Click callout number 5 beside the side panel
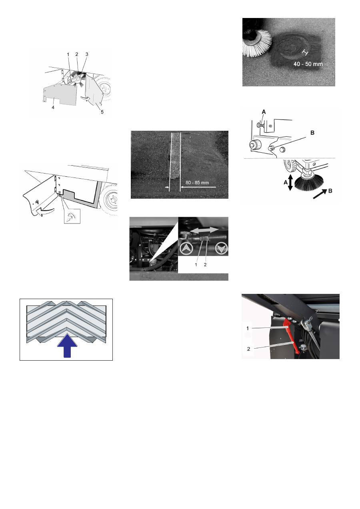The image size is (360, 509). (x=102, y=112)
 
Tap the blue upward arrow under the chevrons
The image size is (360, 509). (x=68, y=347)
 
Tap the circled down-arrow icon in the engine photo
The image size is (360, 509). (x=221, y=250)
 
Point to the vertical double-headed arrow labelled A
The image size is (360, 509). (x=290, y=183)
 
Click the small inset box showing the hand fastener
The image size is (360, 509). (x=72, y=217)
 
